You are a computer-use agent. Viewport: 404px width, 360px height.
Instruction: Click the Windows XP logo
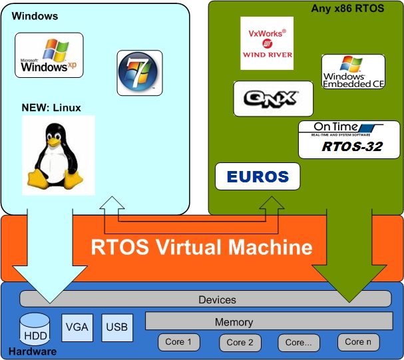click(x=49, y=56)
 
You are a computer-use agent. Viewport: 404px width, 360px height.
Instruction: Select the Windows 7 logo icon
click(x=139, y=72)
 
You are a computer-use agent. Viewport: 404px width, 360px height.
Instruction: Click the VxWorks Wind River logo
click(x=266, y=43)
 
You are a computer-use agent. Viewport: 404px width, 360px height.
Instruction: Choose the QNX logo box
click(x=273, y=98)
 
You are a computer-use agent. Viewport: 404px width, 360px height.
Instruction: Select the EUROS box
click(x=258, y=177)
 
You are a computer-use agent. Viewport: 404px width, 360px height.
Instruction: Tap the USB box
click(x=117, y=327)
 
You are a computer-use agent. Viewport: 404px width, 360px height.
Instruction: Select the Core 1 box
click(x=179, y=342)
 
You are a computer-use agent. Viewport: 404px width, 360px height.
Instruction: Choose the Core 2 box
click(x=240, y=342)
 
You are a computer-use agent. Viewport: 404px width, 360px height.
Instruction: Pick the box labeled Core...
click(x=299, y=342)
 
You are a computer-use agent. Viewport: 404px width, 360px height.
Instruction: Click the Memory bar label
click(x=234, y=322)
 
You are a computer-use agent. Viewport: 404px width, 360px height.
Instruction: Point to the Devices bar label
click(x=217, y=299)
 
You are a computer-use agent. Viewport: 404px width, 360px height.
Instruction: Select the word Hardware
click(x=32, y=351)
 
